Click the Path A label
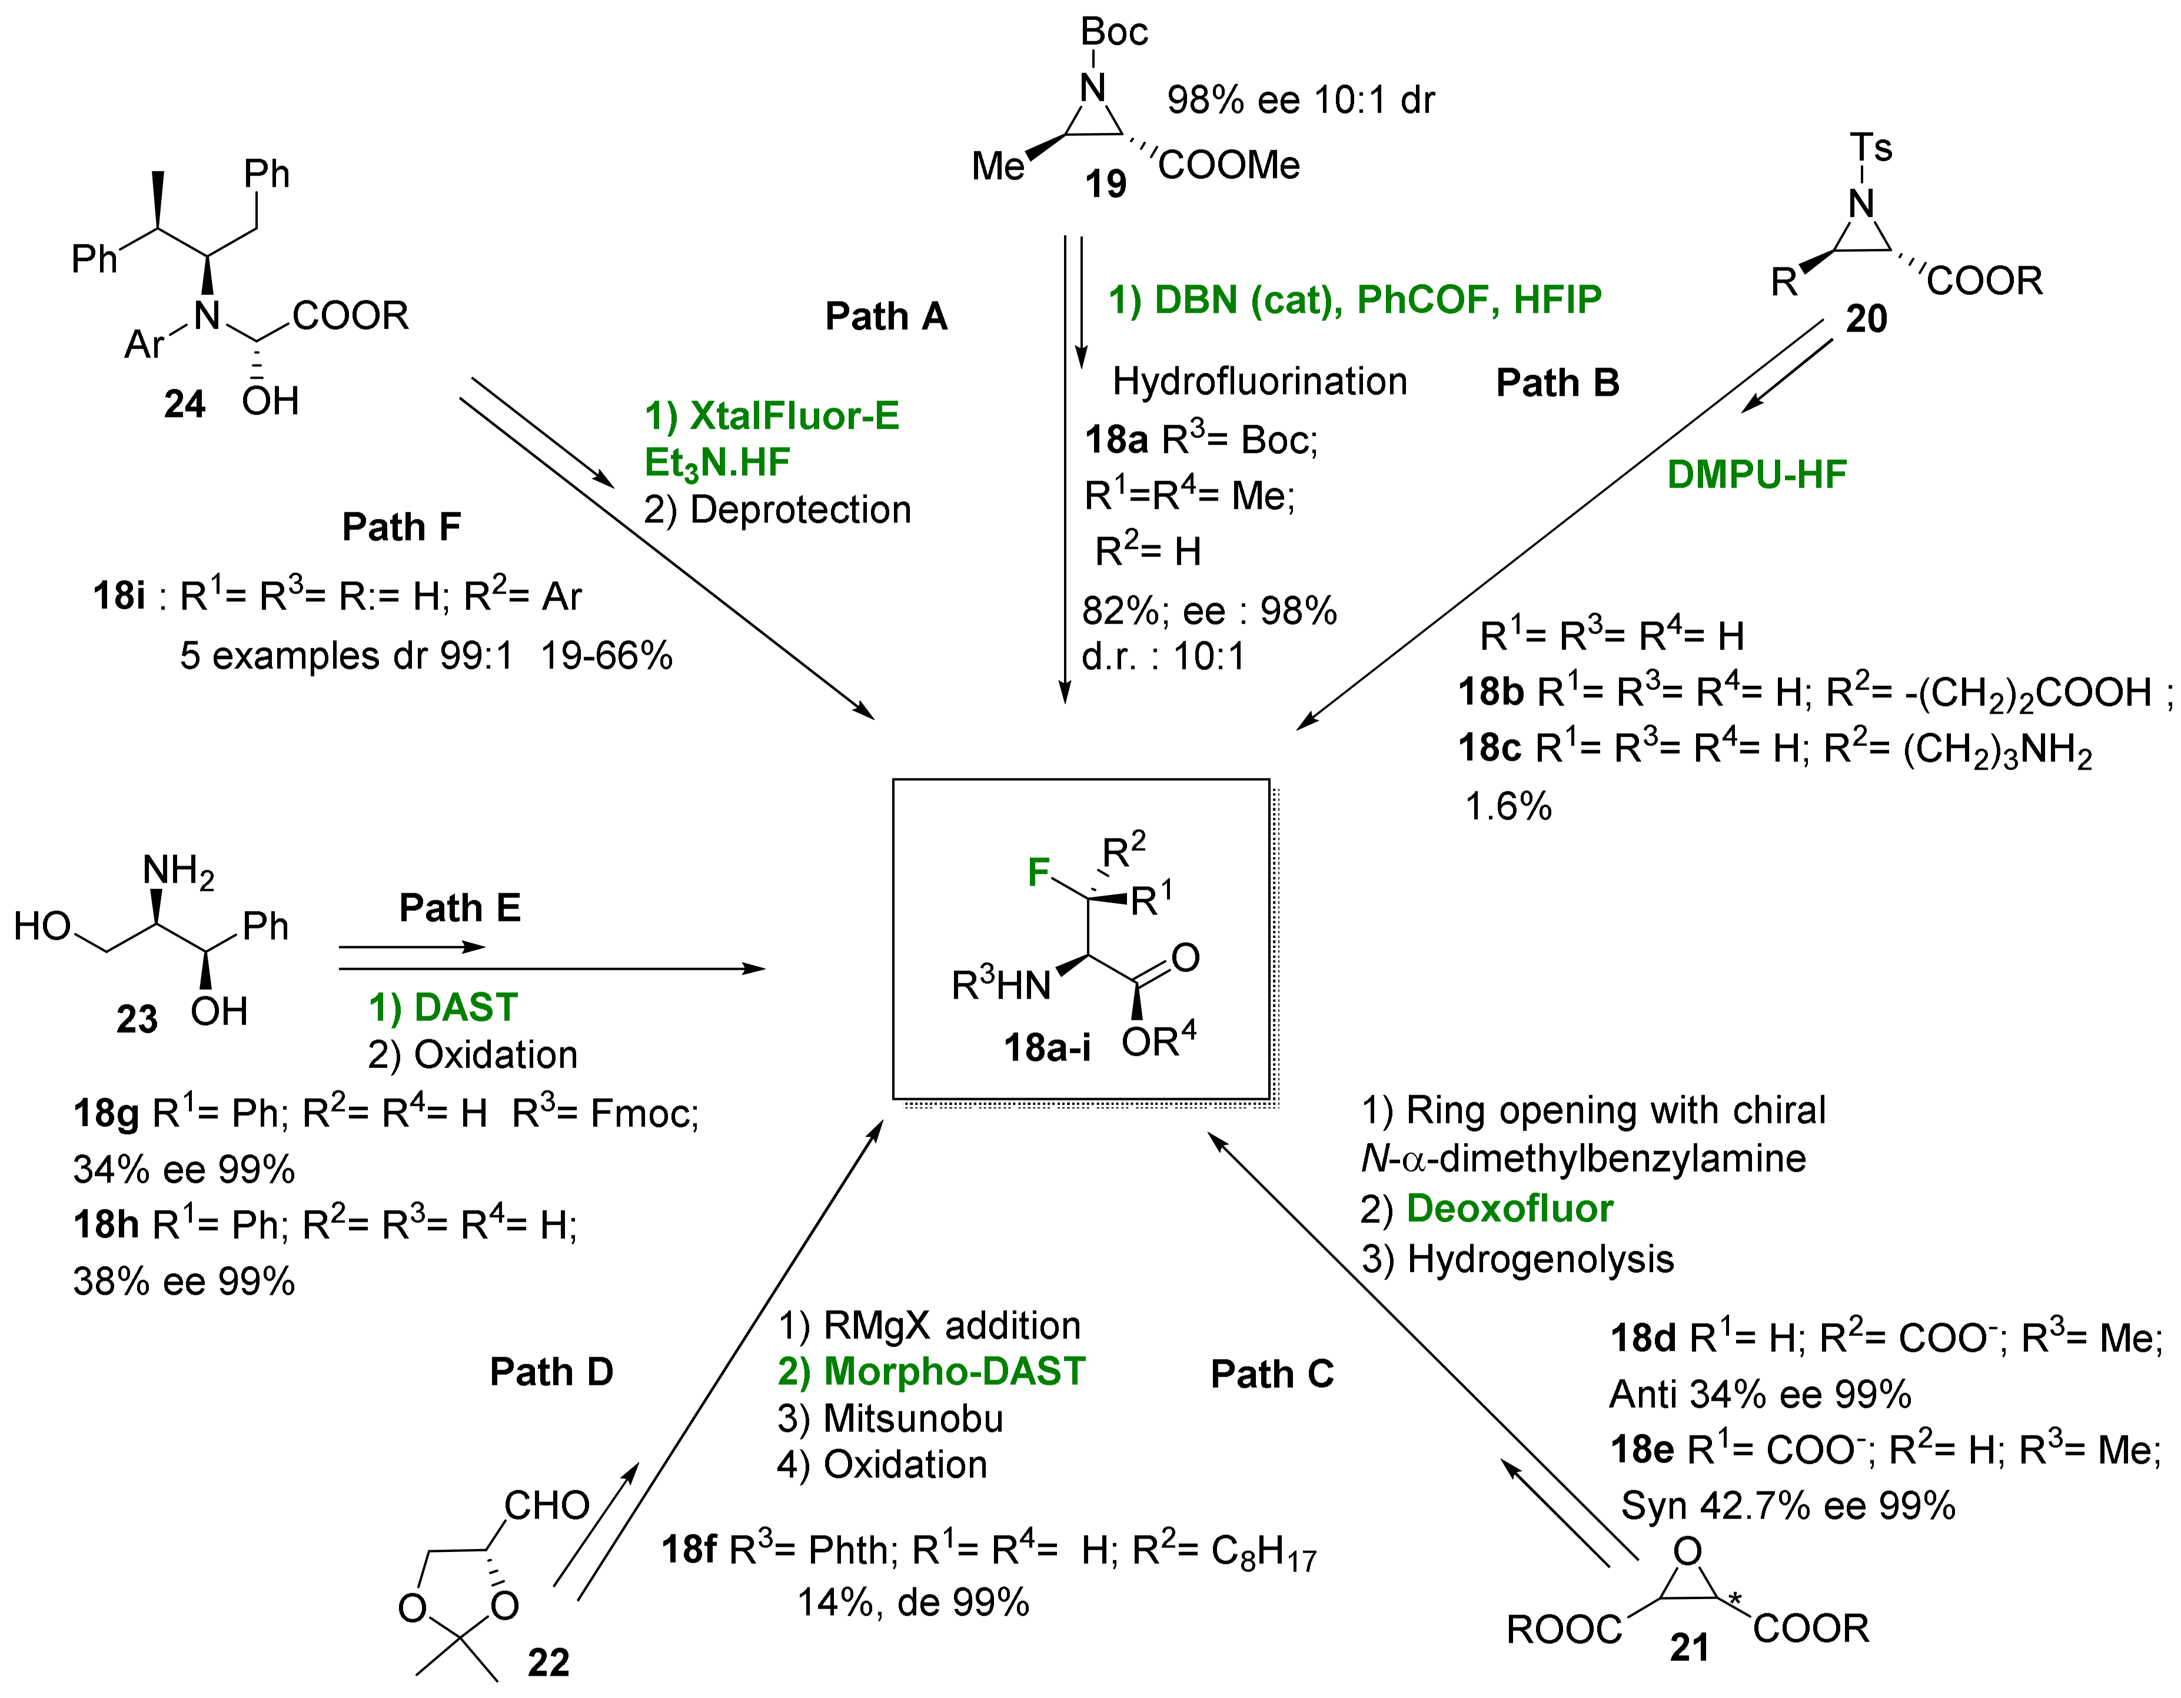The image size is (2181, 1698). [x=886, y=317]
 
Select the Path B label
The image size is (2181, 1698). [x=1557, y=383]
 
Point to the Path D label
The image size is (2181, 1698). [x=551, y=1372]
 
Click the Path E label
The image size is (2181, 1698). [x=460, y=908]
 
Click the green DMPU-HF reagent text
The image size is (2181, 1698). [x=1757, y=475]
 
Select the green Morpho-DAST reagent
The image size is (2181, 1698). [x=954, y=1371]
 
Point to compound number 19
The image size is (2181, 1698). [x=1105, y=184]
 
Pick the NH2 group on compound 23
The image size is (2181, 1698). [x=178, y=871]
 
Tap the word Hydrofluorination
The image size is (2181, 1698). [x=1259, y=382]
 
